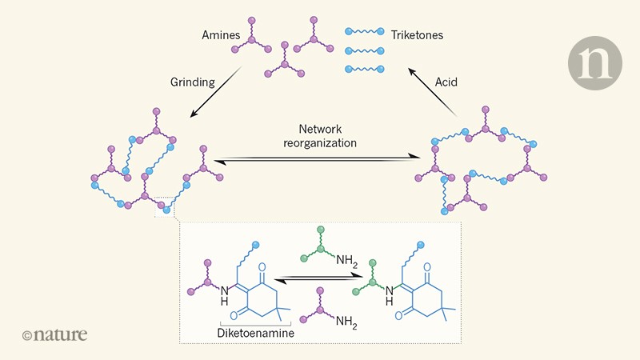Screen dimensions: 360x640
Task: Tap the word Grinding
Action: pos(192,82)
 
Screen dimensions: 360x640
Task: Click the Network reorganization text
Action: pos(320,135)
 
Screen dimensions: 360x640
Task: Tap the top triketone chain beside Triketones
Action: pos(368,31)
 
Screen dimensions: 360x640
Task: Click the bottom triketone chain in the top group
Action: pos(368,69)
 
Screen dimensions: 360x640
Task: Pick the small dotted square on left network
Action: pos(165,206)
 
